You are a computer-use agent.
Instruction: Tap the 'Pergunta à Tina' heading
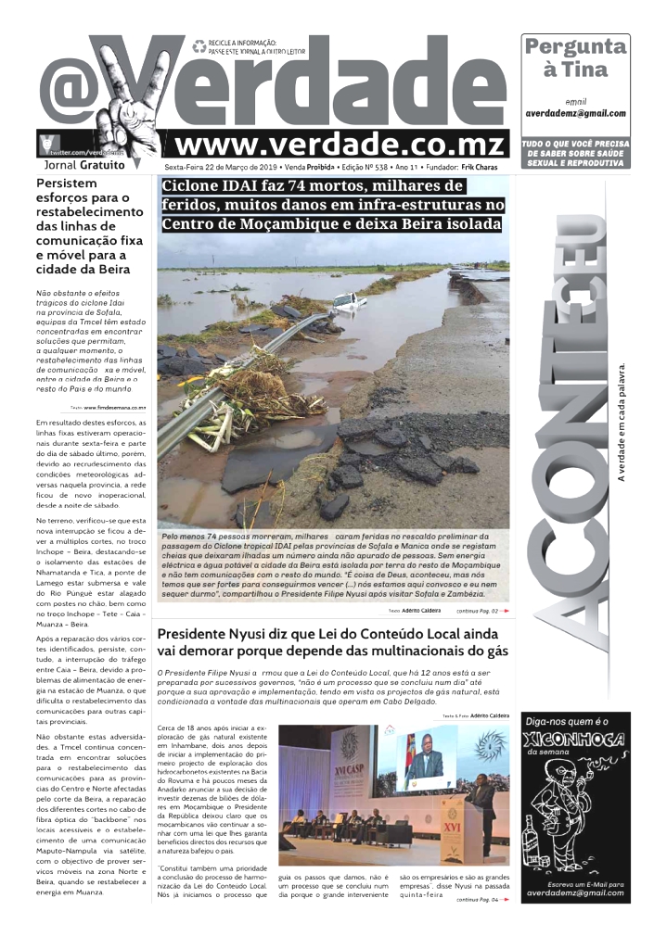click(575, 57)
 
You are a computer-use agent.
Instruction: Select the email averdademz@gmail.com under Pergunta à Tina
click(575, 114)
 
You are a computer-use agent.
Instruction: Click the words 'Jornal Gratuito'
click(83, 165)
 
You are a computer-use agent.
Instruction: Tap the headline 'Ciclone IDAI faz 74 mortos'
click(331, 205)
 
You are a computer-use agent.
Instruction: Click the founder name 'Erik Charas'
click(481, 167)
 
